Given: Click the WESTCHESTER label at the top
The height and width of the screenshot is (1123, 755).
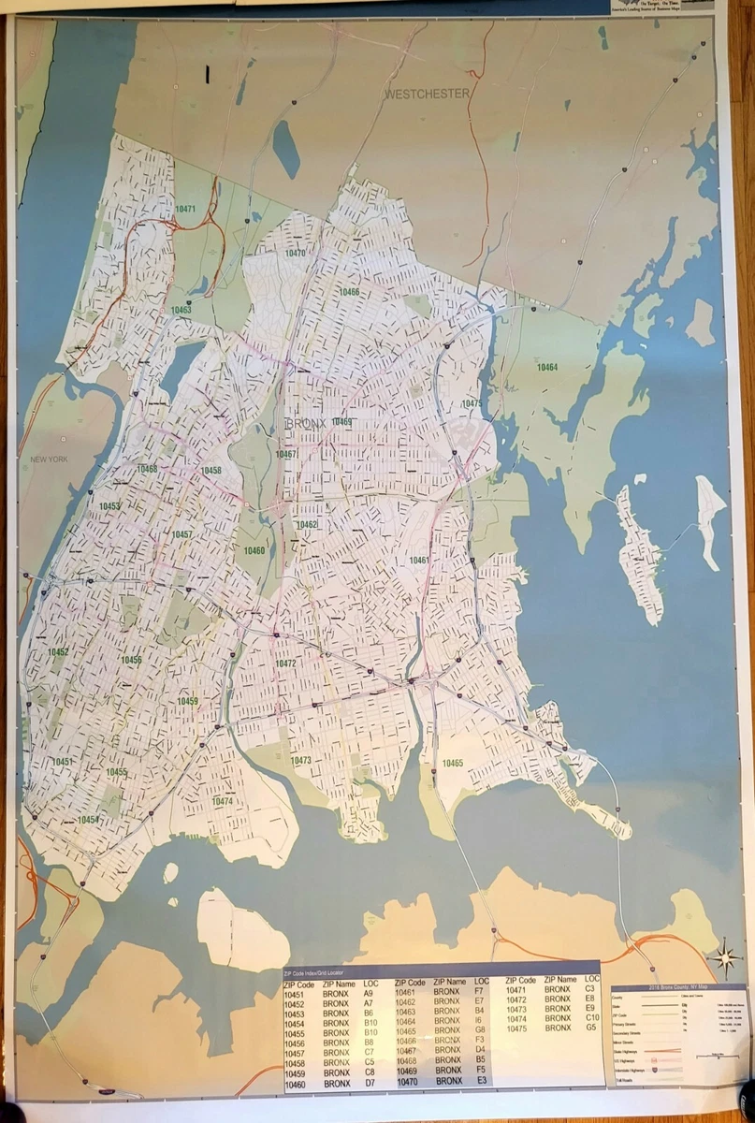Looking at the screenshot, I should (427, 94).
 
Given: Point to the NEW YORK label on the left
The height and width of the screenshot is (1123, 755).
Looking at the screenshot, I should (49, 459).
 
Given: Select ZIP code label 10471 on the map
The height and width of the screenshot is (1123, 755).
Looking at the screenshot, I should (185, 209).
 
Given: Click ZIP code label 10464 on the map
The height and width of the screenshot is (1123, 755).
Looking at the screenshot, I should (547, 367).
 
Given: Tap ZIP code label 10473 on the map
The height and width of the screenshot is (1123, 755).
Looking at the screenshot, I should (301, 761).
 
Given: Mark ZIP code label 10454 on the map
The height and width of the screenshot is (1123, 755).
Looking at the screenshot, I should (88, 820).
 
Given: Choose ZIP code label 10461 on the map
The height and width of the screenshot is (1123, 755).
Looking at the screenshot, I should (419, 560).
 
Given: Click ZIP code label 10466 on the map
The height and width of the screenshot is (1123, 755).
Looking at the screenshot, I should (349, 292).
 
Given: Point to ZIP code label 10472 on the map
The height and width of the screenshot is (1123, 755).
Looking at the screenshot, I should (285, 664).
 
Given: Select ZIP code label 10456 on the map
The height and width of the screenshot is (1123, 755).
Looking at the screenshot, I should (131, 660).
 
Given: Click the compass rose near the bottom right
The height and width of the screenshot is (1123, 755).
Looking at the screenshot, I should (723, 958).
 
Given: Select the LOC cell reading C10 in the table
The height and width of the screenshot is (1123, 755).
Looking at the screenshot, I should (591, 1017).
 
